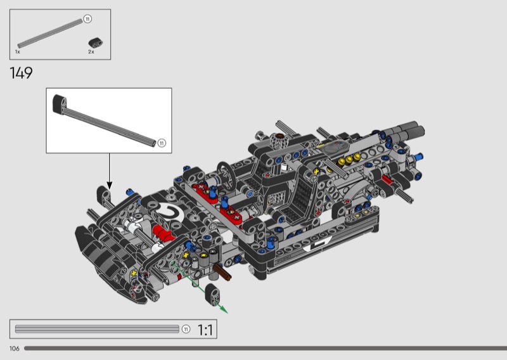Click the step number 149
21,73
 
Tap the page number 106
14,349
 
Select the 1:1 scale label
205,330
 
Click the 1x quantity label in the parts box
18,52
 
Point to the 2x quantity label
91,52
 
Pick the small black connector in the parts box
96,42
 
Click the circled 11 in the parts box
87,19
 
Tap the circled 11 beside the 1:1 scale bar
186,330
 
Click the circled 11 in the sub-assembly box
162,143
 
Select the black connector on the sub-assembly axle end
60,104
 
